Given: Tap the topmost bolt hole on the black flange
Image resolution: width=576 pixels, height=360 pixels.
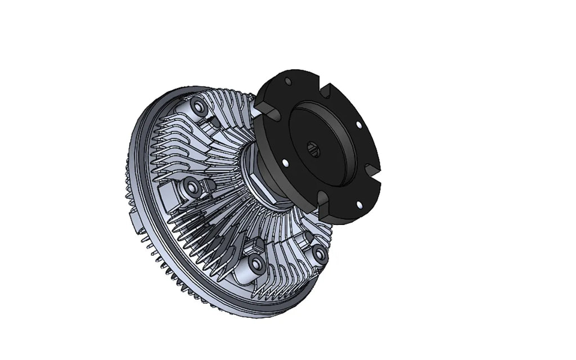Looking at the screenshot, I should pos(289,82).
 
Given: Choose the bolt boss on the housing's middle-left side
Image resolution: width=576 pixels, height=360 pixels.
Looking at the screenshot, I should pos(191,187).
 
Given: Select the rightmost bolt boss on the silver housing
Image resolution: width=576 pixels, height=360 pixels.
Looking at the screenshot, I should pos(319,254).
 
